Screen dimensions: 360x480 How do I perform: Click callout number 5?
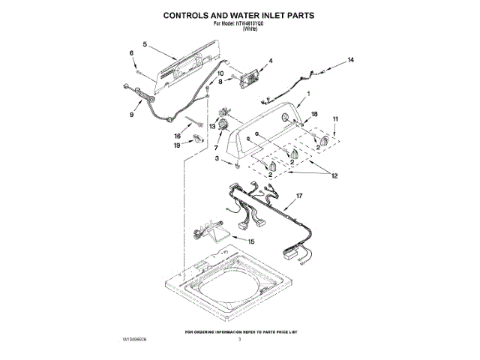[x=145, y=44]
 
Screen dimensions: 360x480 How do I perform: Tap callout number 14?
[x=349, y=59]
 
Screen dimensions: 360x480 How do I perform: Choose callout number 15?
[x=251, y=241]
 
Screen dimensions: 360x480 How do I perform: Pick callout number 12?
[x=334, y=176]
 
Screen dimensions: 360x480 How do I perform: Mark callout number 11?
[x=335, y=118]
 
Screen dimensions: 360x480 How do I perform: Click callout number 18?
[x=315, y=114]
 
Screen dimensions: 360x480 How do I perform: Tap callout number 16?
[x=178, y=136]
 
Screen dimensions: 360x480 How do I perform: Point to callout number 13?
[x=212, y=127]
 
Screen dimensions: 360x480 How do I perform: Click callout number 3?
[x=217, y=159]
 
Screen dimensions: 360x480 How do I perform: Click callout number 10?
[x=220, y=73]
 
